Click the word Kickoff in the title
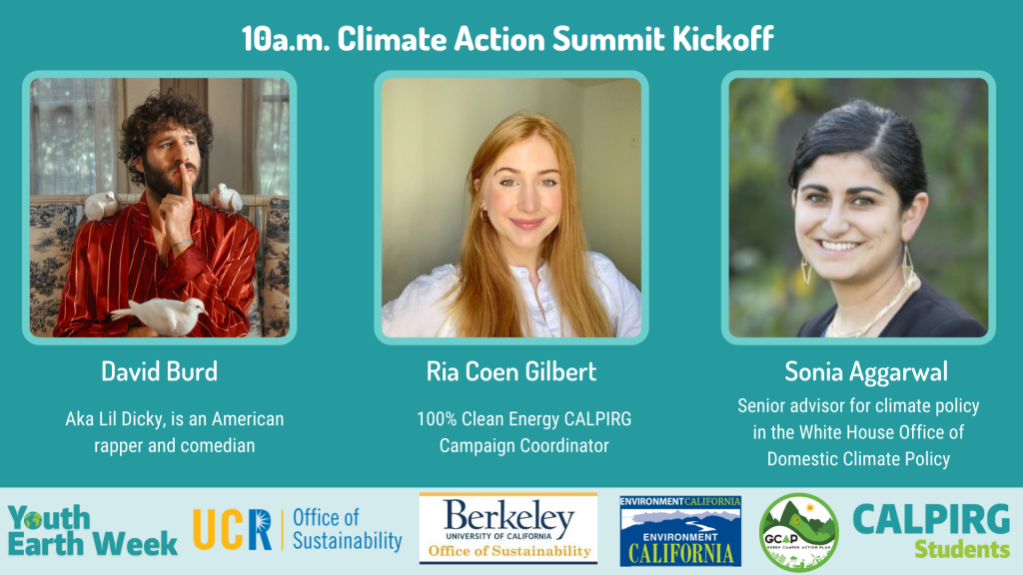click(x=723, y=39)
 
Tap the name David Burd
click(x=159, y=371)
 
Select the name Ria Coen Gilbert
click(x=511, y=371)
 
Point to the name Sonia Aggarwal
click(x=866, y=372)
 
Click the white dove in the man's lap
click(x=161, y=314)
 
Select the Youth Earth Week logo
click(x=92, y=531)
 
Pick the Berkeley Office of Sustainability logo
click(x=509, y=529)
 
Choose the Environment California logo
click(x=679, y=531)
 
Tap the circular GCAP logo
click(x=798, y=532)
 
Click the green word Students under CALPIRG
click(x=962, y=550)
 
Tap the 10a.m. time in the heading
click(x=285, y=39)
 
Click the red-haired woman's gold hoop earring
click(x=485, y=214)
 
